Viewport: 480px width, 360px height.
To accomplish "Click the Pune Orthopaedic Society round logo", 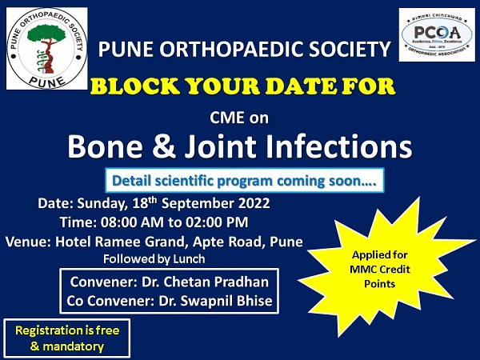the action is click(47, 48).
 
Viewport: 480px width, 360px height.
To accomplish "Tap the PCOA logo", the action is click(437, 34).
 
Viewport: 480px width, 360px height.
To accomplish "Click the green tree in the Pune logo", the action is click(46, 34).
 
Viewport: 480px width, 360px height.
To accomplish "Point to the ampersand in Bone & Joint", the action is click(163, 146).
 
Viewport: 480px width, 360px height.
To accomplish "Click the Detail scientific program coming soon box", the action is click(245, 181).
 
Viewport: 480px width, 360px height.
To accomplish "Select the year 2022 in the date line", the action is click(254, 203).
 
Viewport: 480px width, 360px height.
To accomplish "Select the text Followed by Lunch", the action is click(154, 259).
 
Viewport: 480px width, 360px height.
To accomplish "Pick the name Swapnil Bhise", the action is click(226, 301).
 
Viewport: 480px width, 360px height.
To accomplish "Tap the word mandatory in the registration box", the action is click(73, 347).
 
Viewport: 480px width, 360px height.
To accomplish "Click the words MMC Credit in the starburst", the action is click(380, 270).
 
